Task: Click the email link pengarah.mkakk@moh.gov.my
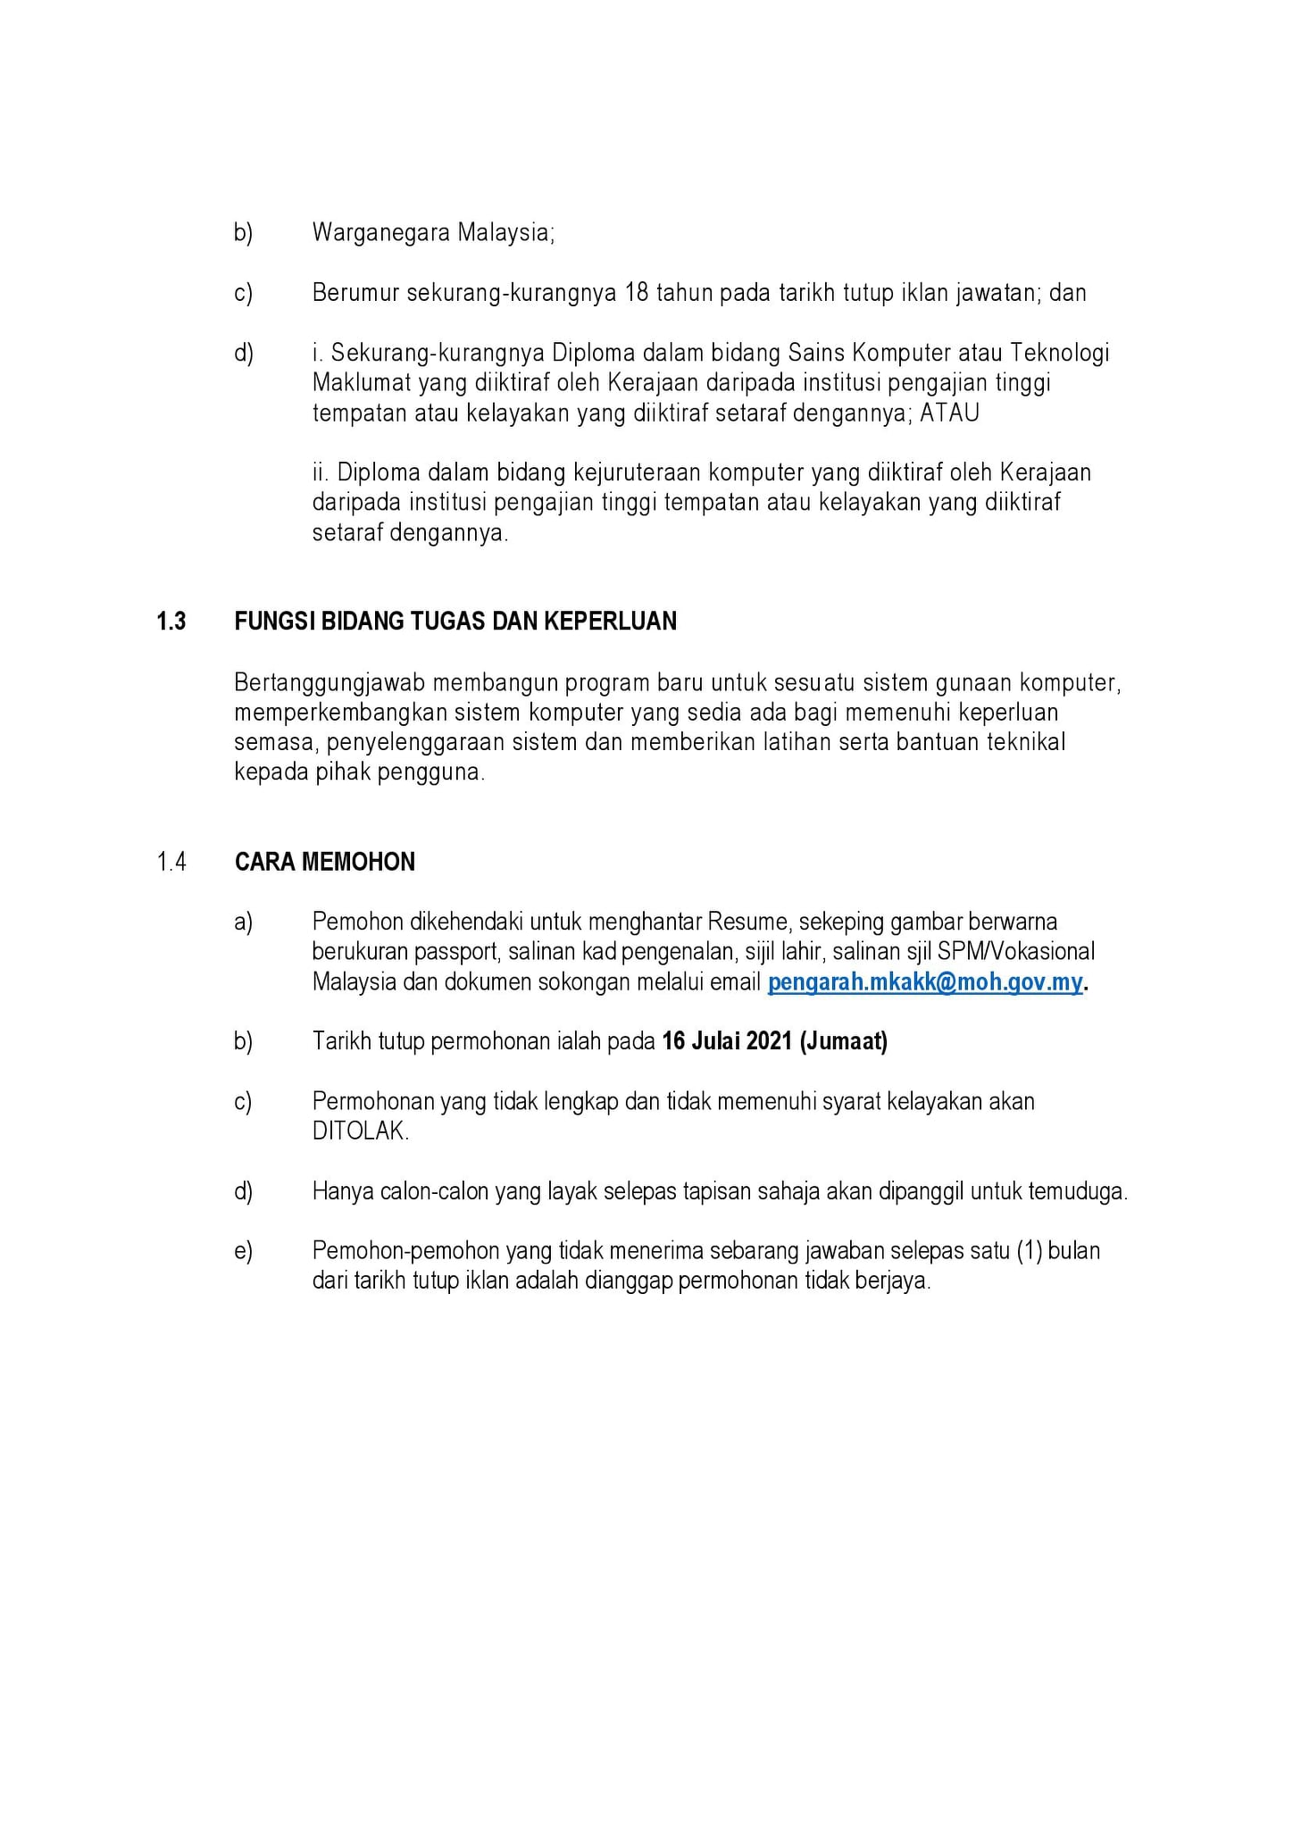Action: [x=925, y=982]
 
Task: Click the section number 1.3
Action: [x=171, y=622]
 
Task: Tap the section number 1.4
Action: [x=171, y=862]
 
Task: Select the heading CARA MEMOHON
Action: [x=325, y=862]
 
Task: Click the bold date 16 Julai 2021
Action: [x=727, y=1041]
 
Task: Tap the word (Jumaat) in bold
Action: [x=844, y=1041]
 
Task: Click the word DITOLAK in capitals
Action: [x=360, y=1131]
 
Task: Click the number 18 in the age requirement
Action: [x=637, y=293]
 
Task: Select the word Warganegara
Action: [x=381, y=233]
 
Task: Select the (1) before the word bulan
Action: [x=1030, y=1250]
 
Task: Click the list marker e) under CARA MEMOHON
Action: [x=243, y=1251]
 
